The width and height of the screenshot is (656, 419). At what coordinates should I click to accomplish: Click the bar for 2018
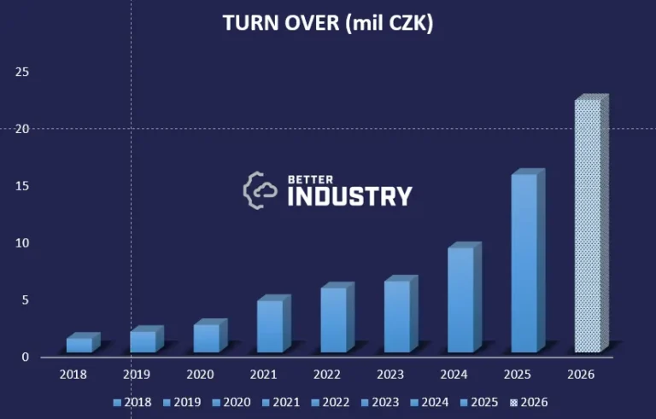pos(79,344)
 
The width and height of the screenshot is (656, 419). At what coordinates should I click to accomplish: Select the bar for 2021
pos(269,325)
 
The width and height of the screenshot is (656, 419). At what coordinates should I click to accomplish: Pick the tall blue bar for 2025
pos(524,262)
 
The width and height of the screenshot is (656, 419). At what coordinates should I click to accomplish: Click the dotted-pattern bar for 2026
pos(588,225)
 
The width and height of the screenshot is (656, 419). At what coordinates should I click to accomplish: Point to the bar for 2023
pos(396,316)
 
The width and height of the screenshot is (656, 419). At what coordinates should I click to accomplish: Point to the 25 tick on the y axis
pos(23,72)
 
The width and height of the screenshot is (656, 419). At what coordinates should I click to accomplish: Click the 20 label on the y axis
pos(23,129)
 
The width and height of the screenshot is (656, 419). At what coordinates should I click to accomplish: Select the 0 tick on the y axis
pos(26,357)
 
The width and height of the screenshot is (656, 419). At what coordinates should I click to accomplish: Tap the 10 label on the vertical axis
pos(23,242)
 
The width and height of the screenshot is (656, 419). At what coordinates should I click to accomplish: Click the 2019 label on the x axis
pos(137,374)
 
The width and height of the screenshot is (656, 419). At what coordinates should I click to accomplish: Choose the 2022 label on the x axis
pos(328,374)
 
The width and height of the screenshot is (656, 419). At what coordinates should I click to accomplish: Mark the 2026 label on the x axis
pos(581,374)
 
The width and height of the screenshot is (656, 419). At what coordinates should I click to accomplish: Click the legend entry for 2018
pos(132,402)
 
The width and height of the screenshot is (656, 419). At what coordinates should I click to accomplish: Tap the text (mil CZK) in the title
pos(389,24)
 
